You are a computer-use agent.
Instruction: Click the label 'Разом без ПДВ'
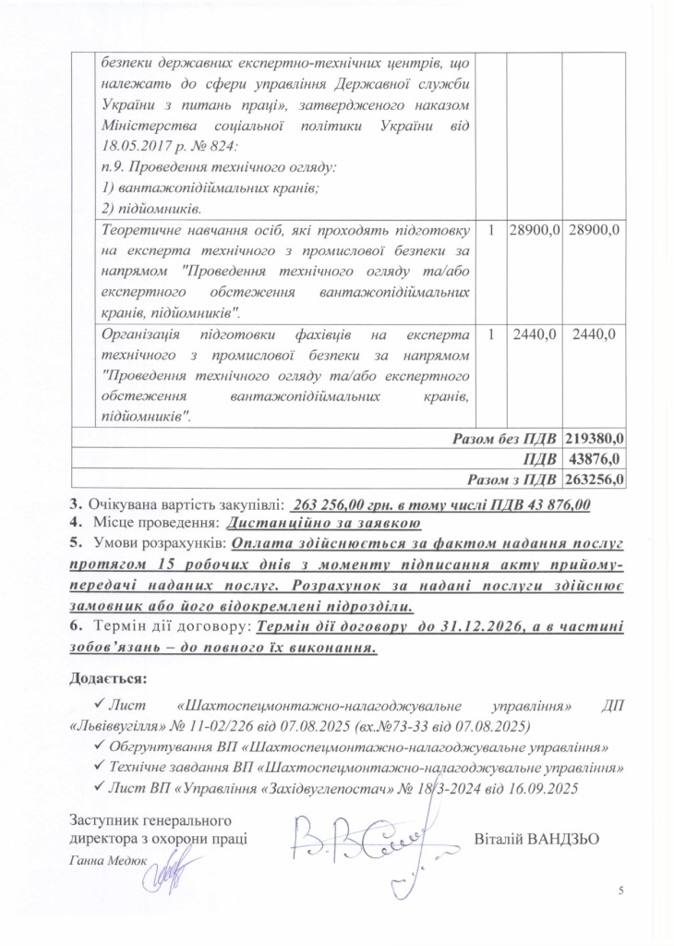[x=504, y=439]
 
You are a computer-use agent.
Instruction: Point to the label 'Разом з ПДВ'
[x=512, y=479]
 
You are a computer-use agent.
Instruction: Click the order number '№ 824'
[x=195, y=145]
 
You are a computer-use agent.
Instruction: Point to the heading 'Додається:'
[x=108, y=678]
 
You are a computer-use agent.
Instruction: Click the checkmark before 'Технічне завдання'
[x=100, y=766]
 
